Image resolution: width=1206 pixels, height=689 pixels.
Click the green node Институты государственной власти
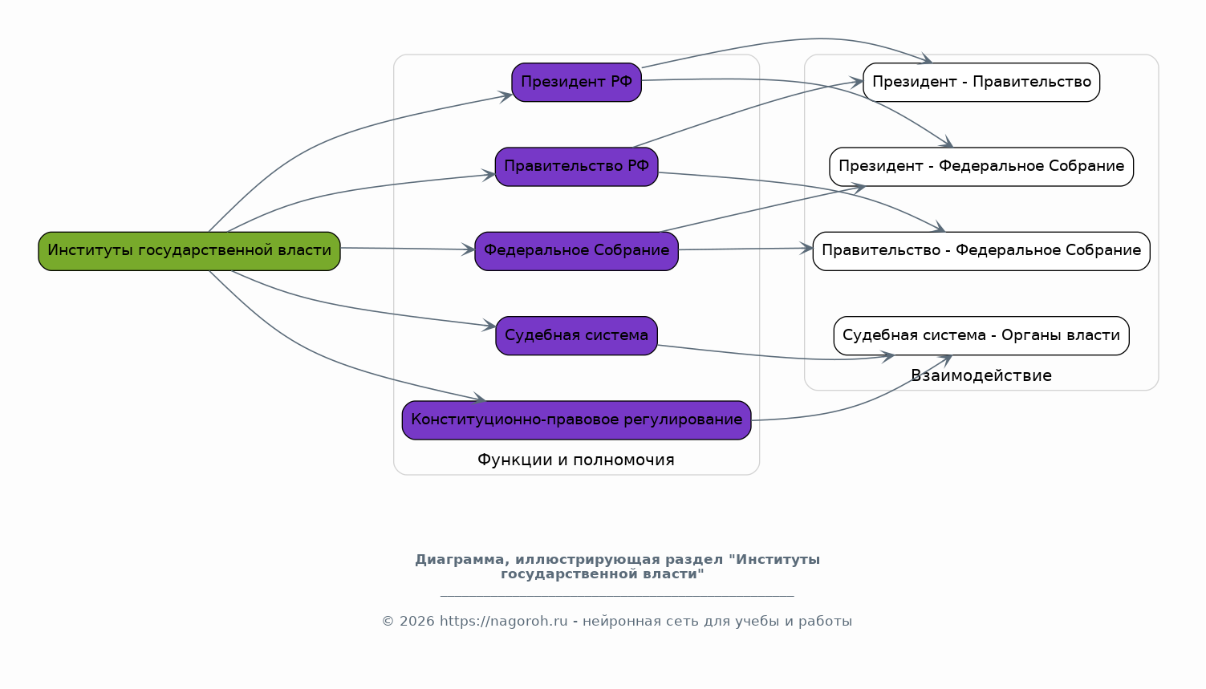[x=189, y=251]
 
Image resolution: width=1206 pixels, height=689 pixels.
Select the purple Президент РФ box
[x=576, y=82]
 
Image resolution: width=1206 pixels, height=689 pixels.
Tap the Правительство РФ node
[x=576, y=167]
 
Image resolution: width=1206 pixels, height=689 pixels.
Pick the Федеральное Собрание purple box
[x=576, y=251]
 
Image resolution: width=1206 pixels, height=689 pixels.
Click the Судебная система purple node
[x=576, y=335]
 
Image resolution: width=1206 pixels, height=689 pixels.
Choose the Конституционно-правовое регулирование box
[x=576, y=420]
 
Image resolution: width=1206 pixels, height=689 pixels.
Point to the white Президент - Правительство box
[x=981, y=82]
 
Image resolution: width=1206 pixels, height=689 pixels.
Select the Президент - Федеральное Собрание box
[x=981, y=167]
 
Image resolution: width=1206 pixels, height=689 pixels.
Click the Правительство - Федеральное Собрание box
[x=981, y=251]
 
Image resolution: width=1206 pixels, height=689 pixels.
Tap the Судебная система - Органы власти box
[x=981, y=335]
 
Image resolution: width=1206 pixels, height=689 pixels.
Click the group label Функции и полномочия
[x=576, y=460]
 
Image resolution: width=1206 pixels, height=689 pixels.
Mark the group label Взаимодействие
[x=981, y=376]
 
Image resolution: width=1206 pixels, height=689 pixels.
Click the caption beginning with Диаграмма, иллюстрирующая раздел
[x=617, y=566]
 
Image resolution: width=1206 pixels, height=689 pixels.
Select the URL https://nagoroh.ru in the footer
[x=503, y=622]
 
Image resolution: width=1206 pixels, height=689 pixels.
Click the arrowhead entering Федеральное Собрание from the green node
[x=469, y=250]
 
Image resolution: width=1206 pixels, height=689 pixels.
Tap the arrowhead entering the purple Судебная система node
[x=489, y=326]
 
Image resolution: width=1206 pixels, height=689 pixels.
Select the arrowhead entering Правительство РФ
[x=489, y=175]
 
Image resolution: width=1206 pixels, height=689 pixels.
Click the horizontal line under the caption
[x=617, y=596]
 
